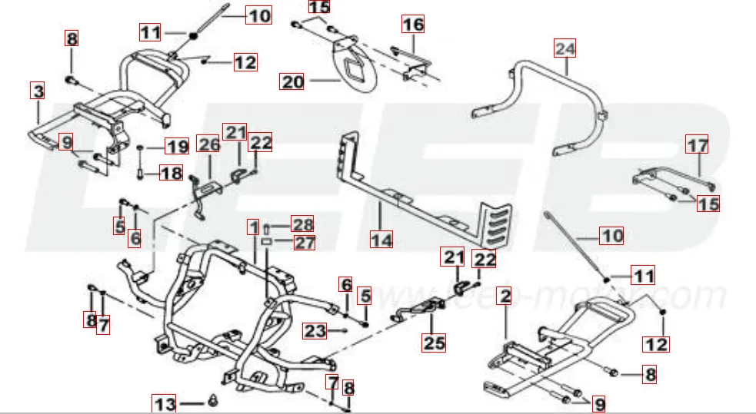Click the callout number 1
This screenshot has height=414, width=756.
254,227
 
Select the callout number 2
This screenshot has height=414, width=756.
505,296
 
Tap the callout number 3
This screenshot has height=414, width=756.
38,91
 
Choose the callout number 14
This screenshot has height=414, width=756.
381,240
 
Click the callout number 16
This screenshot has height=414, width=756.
413,25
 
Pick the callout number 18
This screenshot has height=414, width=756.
172,174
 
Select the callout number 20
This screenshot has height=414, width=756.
292,81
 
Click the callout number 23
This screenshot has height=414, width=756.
315,331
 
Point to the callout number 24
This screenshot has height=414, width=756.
565,48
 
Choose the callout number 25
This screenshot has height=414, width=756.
434,343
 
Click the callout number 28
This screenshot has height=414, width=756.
303,224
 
